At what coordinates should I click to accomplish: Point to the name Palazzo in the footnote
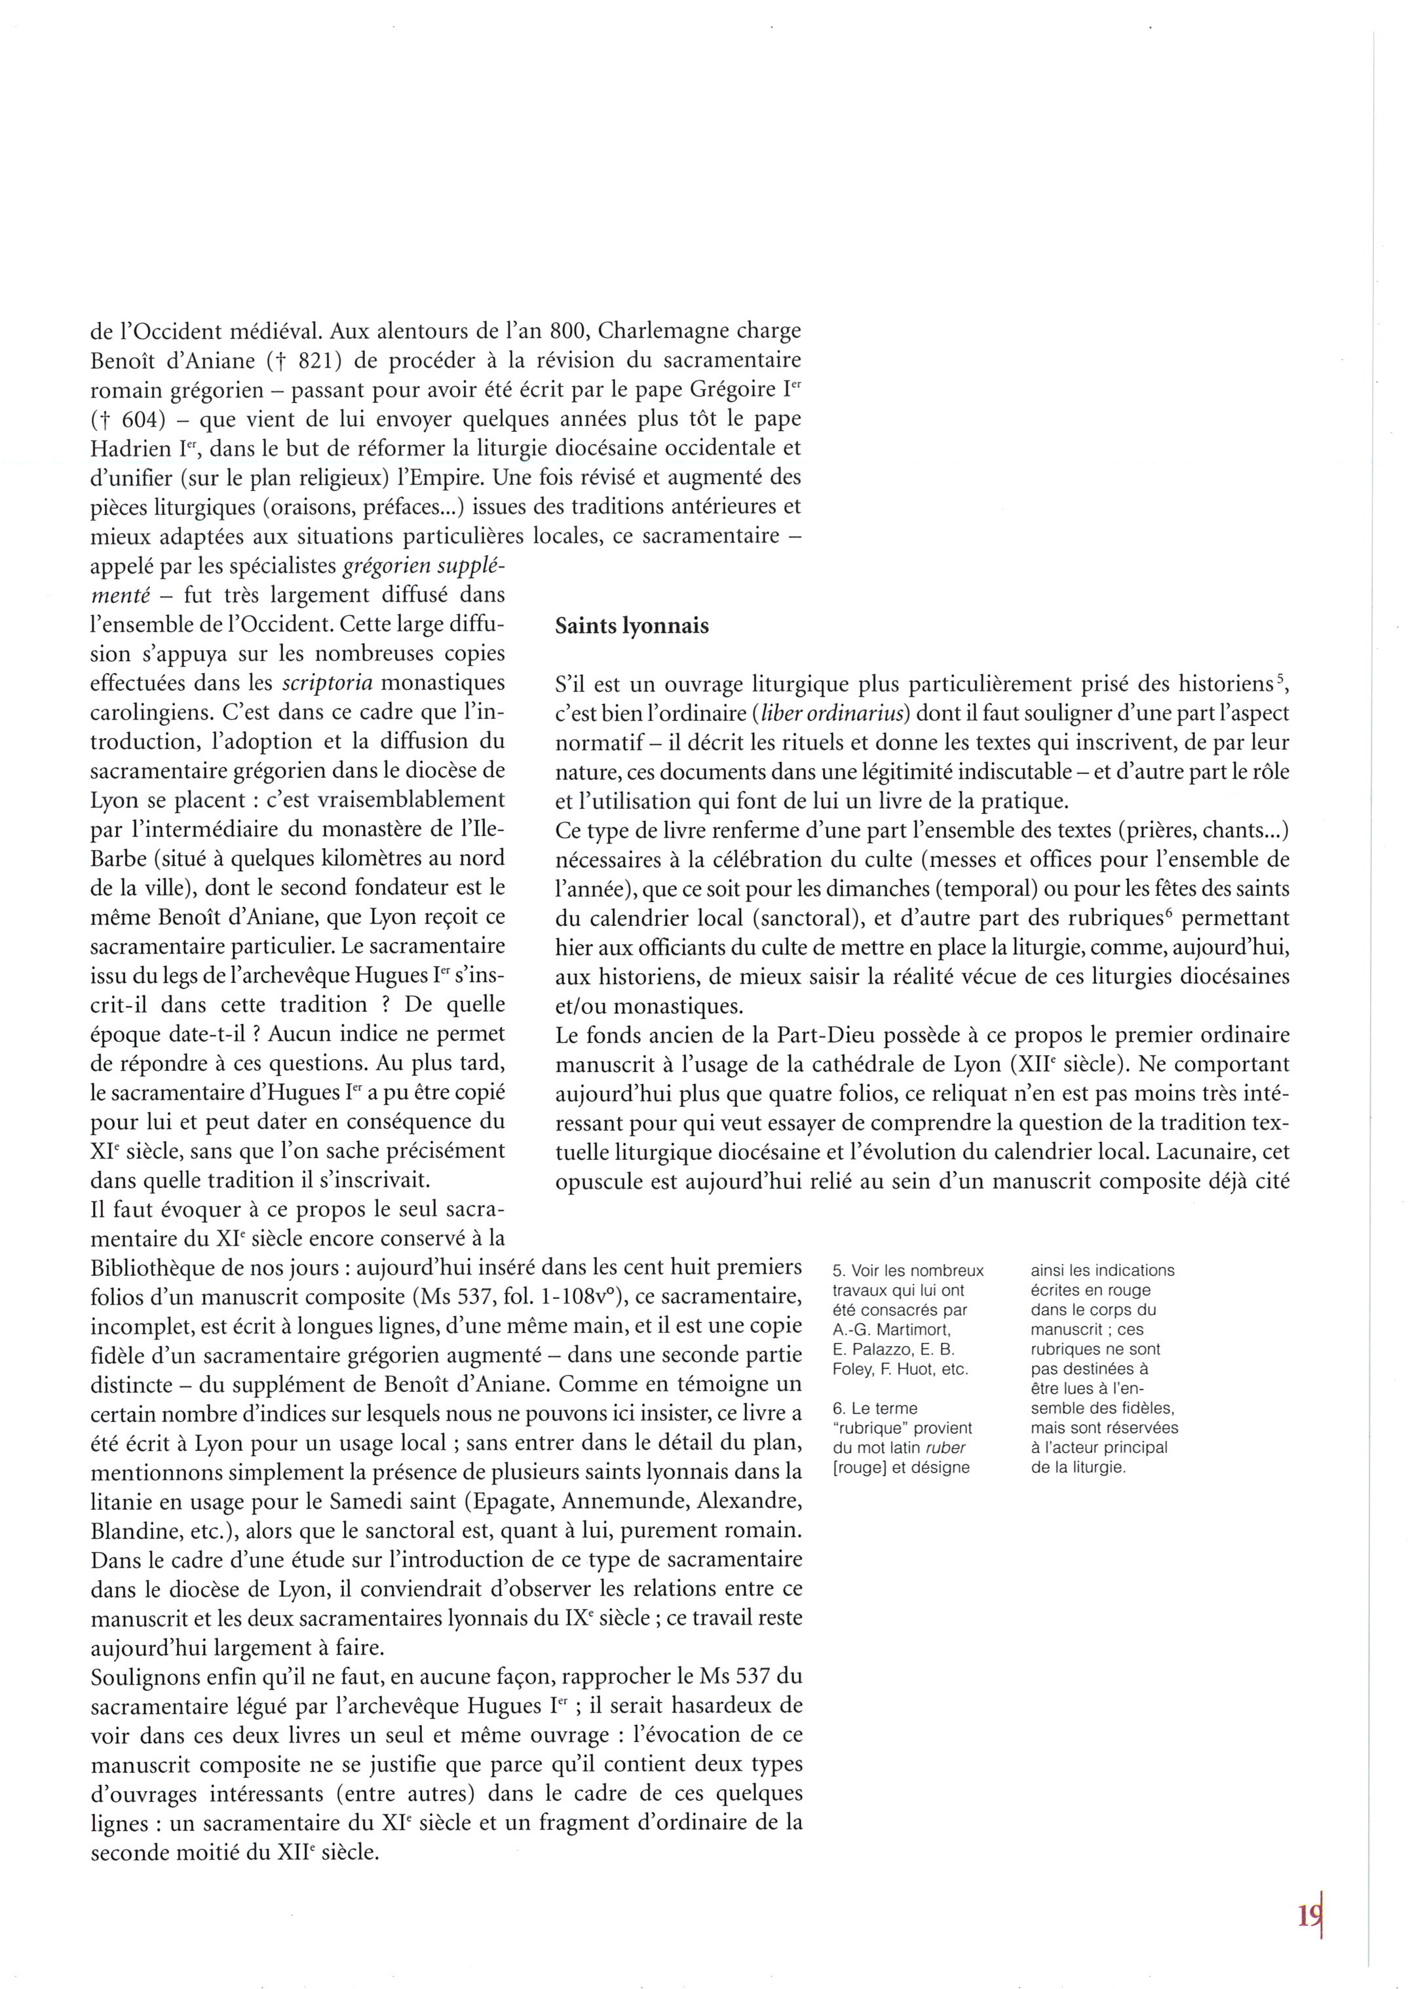click(x=869, y=1350)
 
